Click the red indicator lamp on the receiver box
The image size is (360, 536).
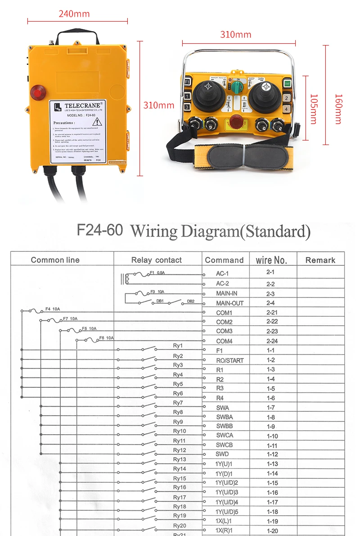(38, 93)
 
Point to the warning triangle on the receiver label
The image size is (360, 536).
(98, 122)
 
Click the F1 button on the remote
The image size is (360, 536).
(187, 82)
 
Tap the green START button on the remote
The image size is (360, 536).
(287, 83)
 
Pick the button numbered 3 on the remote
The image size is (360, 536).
(187, 107)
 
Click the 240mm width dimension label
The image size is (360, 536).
(74, 14)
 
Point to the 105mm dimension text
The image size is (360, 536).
(313, 109)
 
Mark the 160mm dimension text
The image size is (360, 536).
(338, 109)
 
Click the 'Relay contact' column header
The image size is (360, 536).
(156, 260)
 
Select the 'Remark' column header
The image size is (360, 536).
(320, 260)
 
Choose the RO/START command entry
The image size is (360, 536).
(229, 360)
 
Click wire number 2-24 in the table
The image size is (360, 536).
(272, 341)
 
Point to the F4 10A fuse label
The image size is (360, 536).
(53, 309)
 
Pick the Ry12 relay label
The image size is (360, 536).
(180, 450)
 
